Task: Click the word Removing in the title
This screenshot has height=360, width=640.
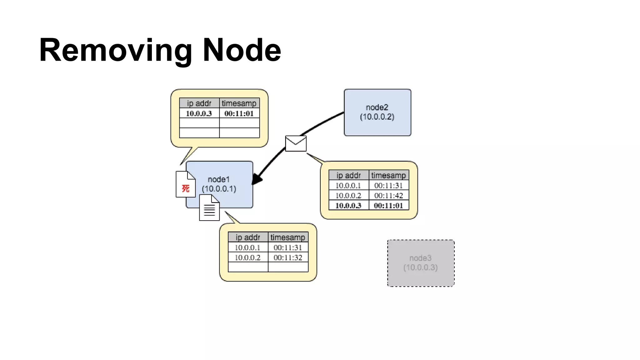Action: click(x=115, y=50)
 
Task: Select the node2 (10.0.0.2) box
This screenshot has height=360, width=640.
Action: click(x=377, y=112)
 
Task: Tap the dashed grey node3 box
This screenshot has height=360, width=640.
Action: click(x=421, y=263)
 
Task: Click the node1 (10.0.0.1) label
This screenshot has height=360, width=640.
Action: click(x=219, y=184)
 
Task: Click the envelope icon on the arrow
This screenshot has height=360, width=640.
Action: click(x=296, y=143)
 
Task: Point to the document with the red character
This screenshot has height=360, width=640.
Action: click(x=185, y=184)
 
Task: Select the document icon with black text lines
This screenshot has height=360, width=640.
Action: click(x=209, y=208)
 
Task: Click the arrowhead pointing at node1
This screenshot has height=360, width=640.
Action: click(x=257, y=179)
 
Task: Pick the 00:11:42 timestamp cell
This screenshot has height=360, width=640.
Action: click(x=388, y=196)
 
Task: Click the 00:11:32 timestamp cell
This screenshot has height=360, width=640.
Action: click(x=288, y=257)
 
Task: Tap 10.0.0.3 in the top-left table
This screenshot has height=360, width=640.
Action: click(x=199, y=113)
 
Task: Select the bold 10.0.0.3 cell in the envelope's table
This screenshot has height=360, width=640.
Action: click(x=348, y=206)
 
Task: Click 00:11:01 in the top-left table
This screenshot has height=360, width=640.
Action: click(x=239, y=113)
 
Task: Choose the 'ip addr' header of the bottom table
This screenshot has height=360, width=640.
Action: click(x=248, y=237)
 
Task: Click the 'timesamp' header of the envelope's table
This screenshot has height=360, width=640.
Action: click(x=388, y=175)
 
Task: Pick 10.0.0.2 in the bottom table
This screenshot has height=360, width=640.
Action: click(x=247, y=257)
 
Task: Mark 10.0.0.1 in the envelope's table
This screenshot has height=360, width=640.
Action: click(x=348, y=186)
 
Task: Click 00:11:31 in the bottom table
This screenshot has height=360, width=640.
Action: click(x=288, y=247)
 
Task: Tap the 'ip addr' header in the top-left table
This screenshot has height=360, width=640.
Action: click(x=199, y=103)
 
